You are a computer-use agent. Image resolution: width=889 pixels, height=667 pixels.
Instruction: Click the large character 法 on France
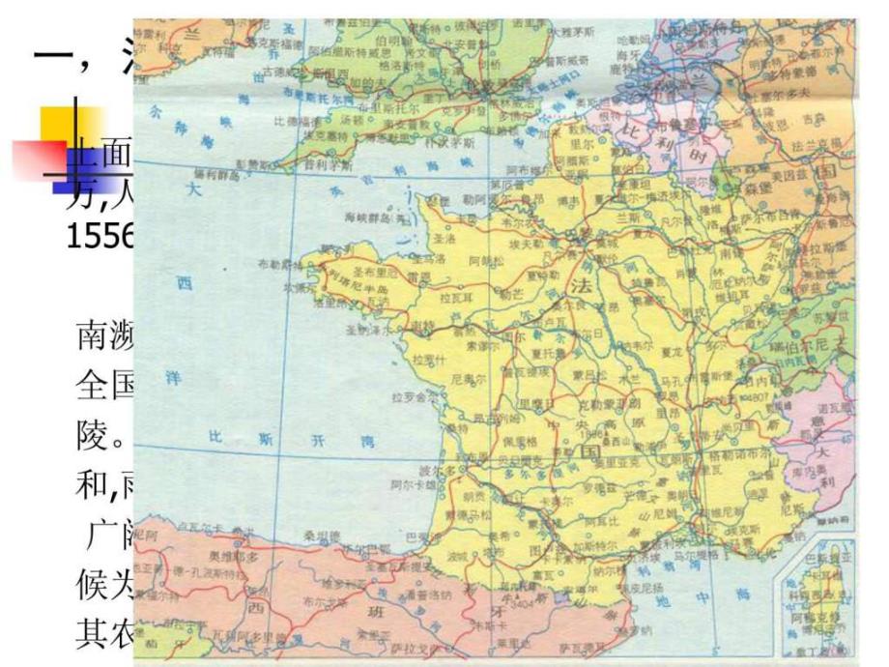pyautogui.click(x=581, y=287)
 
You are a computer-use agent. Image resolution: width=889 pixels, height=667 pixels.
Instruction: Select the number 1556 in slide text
pyautogui.click(x=100, y=238)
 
